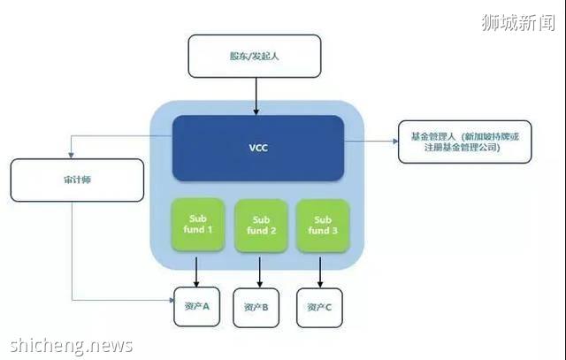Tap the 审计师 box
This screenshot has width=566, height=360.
[x=77, y=180]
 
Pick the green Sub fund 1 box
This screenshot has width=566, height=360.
[x=197, y=225]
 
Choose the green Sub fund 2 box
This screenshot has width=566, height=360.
[x=260, y=225]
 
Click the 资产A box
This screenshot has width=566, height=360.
[x=196, y=306]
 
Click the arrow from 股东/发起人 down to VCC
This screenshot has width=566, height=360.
[x=255, y=96]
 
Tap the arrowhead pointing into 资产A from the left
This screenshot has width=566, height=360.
[x=169, y=301]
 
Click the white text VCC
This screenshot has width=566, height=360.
[x=257, y=147]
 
